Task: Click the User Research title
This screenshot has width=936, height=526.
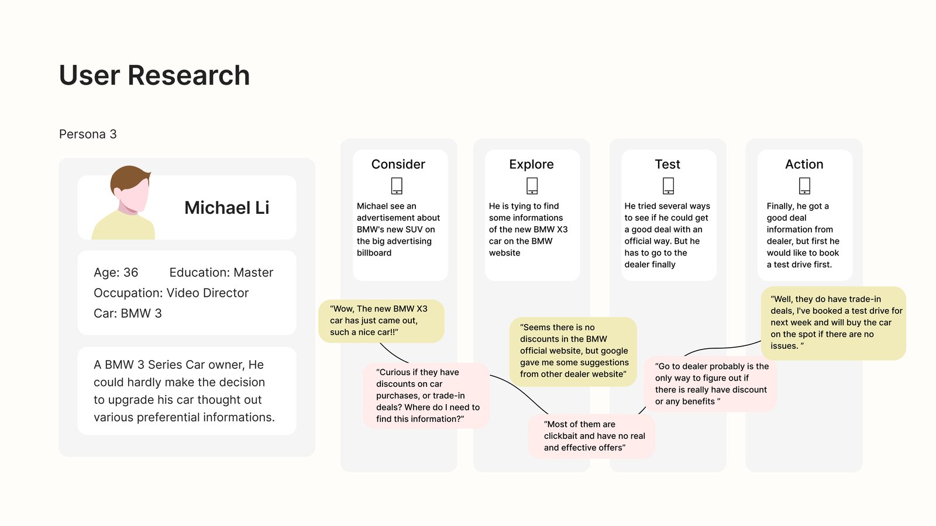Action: point(154,75)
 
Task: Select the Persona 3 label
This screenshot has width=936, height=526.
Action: point(88,134)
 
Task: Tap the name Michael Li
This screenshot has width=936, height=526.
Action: point(227,207)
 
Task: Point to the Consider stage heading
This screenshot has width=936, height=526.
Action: point(398,164)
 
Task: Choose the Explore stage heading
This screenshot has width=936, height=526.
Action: point(531,164)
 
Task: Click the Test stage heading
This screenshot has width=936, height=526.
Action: point(667,164)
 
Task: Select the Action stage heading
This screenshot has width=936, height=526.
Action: point(804,164)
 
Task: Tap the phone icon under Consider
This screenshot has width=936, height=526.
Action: point(397,186)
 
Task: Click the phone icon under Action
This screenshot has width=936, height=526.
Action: point(804,186)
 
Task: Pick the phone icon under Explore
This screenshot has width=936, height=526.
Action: point(532,186)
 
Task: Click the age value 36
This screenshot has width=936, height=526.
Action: point(130,272)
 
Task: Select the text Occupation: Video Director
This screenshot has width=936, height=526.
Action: point(171,293)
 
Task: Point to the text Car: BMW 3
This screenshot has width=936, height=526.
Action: point(128,313)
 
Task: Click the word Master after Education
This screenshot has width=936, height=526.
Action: point(253,272)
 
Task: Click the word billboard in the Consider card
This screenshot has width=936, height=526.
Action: point(374,252)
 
